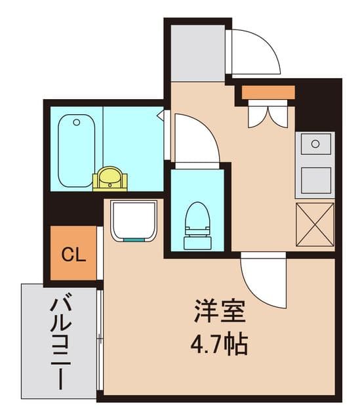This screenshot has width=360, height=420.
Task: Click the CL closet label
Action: (73, 255)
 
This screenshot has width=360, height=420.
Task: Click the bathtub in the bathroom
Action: (76, 150)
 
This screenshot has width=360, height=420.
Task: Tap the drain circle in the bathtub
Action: (77, 123)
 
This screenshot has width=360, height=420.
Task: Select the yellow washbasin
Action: (110, 178)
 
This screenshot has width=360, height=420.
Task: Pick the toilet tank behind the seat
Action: (197, 242)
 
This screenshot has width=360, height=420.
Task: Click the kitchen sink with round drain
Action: (315, 144)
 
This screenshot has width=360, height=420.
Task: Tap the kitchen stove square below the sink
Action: (316, 180)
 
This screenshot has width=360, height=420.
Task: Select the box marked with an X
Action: (315, 224)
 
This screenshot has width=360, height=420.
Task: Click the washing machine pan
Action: (134, 221)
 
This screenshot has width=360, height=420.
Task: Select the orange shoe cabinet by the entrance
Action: (268, 93)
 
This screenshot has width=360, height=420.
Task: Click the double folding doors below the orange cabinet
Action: (268, 114)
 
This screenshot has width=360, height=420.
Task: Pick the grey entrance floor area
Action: (197, 53)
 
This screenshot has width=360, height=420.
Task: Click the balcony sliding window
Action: (100, 340)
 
